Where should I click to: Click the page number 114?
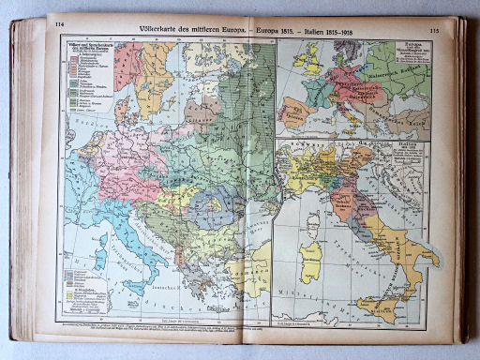coord(60,25)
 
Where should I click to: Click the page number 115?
coord(433,28)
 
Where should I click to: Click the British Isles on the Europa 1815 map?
coord(307,61)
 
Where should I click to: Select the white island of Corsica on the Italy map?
coord(313,223)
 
